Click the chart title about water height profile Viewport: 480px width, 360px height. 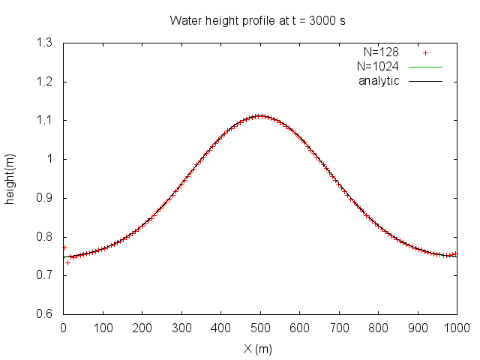(x=258, y=20)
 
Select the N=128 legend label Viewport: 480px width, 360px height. (x=380, y=53)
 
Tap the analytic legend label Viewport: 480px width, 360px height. (x=379, y=80)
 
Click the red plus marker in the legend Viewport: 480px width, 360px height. (x=425, y=53)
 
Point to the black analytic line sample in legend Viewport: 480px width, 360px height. (x=425, y=80)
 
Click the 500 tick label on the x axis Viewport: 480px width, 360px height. (x=260, y=328)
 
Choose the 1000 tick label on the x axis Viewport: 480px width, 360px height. (x=457, y=328)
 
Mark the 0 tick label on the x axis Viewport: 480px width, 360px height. (x=63, y=328)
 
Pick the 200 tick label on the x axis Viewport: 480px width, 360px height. (x=142, y=328)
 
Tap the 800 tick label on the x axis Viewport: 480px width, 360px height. (x=378, y=328)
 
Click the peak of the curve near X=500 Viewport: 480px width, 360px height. (x=260, y=116)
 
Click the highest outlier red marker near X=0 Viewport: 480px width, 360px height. (x=64, y=247)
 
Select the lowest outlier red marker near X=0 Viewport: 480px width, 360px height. (x=67, y=262)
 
